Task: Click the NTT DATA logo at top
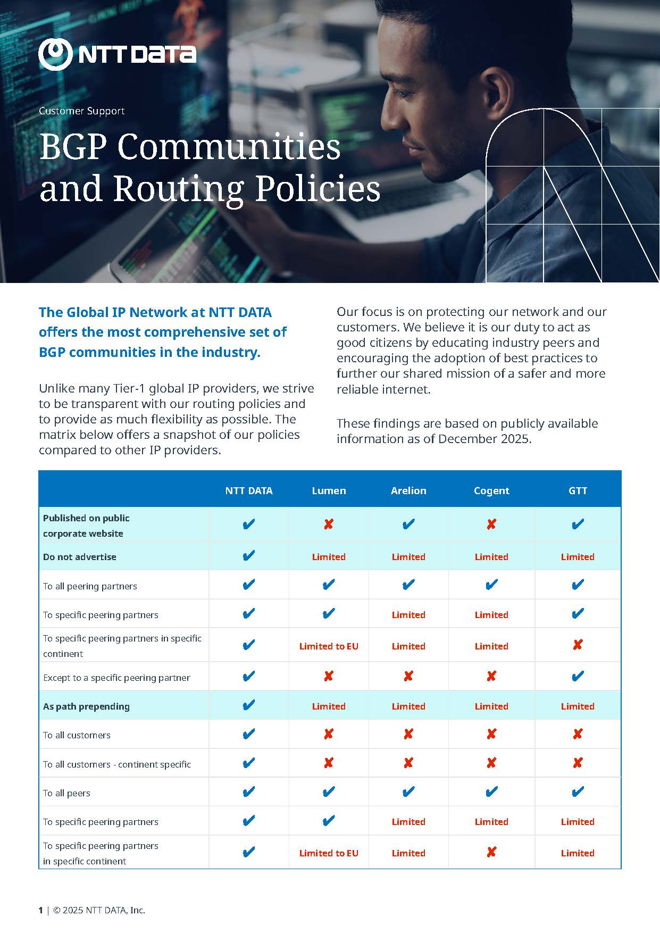(x=117, y=54)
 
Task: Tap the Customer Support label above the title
(x=81, y=111)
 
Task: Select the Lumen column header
(x=329, y=490)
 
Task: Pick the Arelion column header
(x=408, y=490)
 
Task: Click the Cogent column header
(x=491, y=490)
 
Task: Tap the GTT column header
(x=578, y=490)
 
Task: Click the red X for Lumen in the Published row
(x=329, y=524)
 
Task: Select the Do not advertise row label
(x=80, y=557)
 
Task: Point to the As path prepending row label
(x=86, y=706)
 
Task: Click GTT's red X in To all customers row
(x=578, y=735)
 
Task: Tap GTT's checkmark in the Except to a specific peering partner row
(x=578, y=677)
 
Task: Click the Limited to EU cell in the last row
(x=329, y=853)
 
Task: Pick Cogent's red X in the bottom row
(x=491, y=852)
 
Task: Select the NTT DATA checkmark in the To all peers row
(x=248, y=793)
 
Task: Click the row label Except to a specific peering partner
(x=116, y=678)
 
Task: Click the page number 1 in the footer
(x=40, y=910)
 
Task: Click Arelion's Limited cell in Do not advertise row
(x=408, y=557)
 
